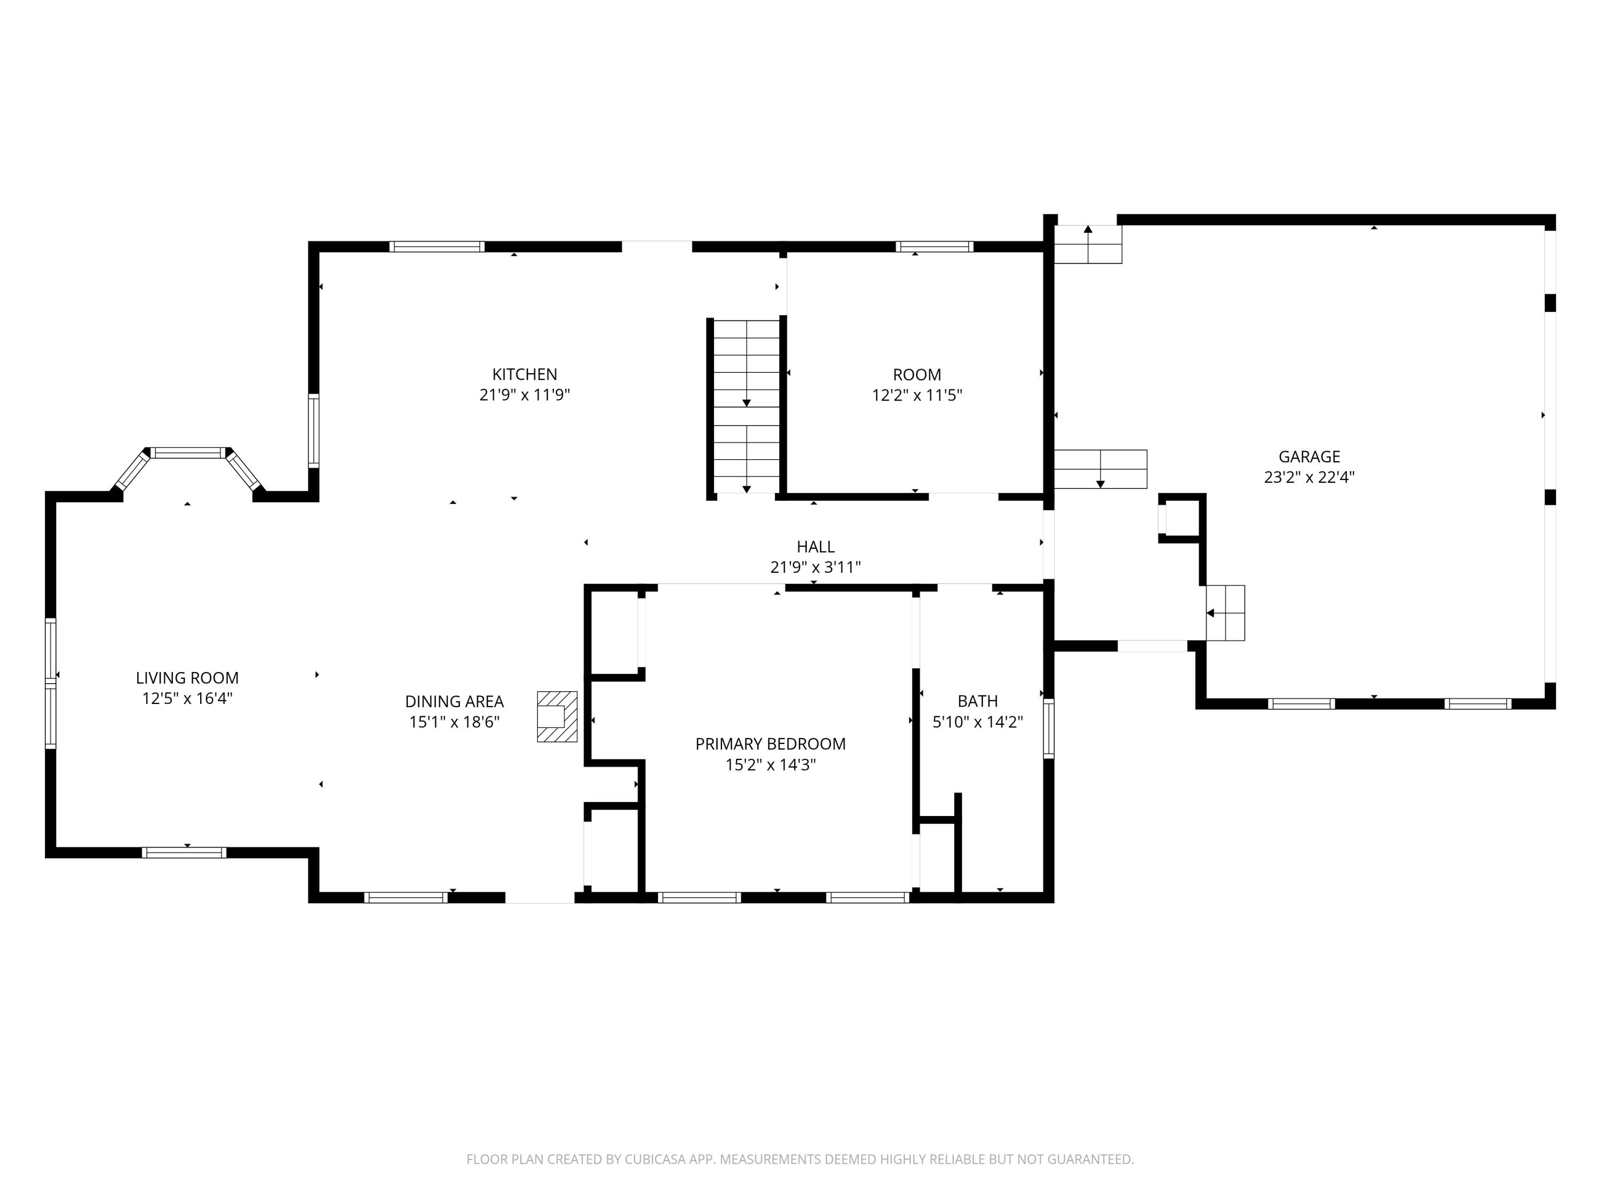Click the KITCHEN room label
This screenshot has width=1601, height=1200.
tap(524, 374)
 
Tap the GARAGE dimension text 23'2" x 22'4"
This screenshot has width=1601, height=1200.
tap(1309, 477)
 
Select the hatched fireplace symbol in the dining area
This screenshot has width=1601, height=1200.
tap(557, 716)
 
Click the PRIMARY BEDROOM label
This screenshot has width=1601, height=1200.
tap(770, 743)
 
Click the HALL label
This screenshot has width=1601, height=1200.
tap(815, 547)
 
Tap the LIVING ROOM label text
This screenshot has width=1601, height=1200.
tap(187, 678)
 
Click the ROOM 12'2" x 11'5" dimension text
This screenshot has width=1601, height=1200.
tap(916, 395)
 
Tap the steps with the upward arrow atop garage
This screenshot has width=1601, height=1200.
tap(1087, 244)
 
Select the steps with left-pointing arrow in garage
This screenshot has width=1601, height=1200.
tap(1225, 613)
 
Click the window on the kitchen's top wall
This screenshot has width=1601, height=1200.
tap(437, 246)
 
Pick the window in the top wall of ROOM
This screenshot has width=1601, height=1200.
tap(934, 246)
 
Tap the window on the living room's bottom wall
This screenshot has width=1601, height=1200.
tap(184, 852)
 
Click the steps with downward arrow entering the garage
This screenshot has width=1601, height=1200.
tap(1100, 469)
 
